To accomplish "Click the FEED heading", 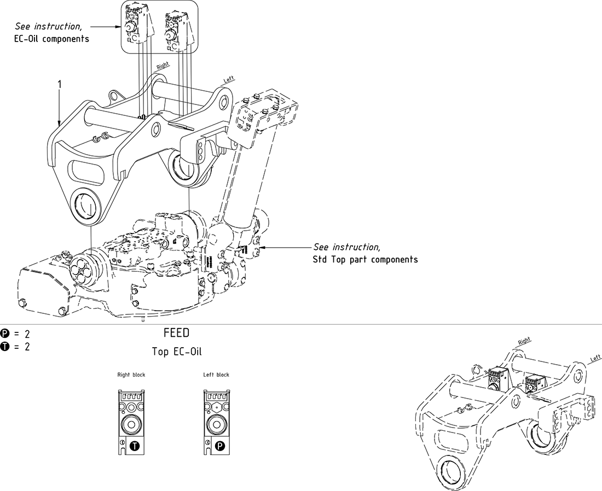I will pos(176,332).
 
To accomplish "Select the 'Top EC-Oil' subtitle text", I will pos(176,352).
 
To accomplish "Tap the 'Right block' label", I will pos(131,375).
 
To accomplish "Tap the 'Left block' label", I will pos(216,375).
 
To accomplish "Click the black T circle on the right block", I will pos(135,446).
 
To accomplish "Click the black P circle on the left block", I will pos(220,446).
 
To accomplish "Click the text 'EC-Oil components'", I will pos(51,39).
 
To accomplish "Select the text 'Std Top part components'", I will pos(365,259).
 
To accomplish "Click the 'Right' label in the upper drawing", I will pos(163,65).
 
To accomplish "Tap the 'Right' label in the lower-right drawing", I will pos(524,341).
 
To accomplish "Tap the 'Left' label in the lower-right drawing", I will pos(595,359).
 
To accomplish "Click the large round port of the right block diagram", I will pos(131,424).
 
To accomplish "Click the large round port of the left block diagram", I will pos(216,424).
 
